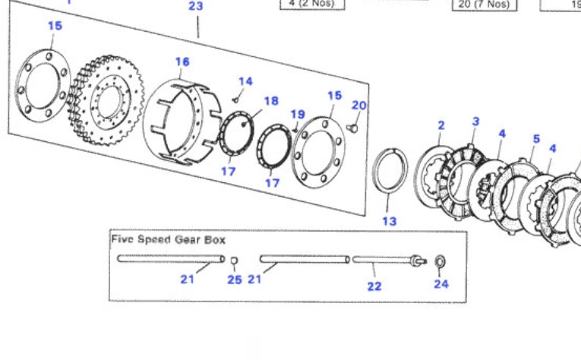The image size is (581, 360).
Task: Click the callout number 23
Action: click(196, 7)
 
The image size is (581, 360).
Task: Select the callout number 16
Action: click(182, 62)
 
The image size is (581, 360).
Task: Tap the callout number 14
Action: click(245, 81)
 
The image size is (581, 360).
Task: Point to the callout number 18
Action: click(271, 101)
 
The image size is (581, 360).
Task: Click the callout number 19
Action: click(298, 115)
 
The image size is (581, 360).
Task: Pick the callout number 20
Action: click(358, 106)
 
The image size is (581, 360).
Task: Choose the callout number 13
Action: click(390, 222)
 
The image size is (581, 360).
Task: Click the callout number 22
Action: click(374, 286)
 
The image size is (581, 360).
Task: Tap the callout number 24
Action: click(441, 284)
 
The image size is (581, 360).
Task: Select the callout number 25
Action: click(235, 280)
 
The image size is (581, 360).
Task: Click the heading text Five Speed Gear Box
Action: click(169, 239)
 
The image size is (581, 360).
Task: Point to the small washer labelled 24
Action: click(440, 262)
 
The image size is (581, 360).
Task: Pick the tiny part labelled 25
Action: click(235, 262)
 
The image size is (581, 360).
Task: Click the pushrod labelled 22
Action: click(384, 260)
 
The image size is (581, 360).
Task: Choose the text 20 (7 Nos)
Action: click(484, 5)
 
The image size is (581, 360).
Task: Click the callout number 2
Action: click(441, 125)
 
